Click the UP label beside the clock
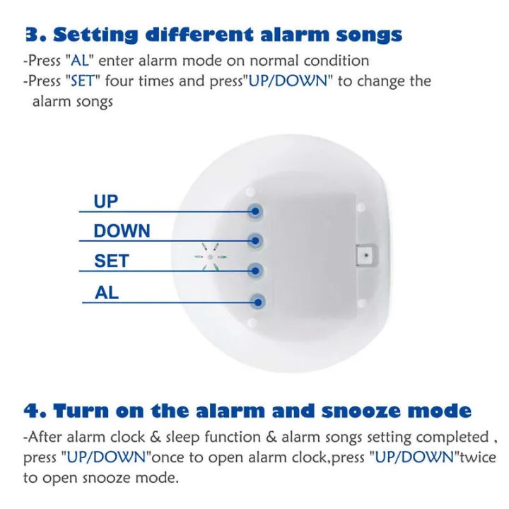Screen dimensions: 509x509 pyautogui.click(x=106, y=201)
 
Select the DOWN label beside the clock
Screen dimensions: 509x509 pyautogui.click(x=122, y=231)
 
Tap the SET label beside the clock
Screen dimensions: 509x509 pyautogui.click(x=112, y=261)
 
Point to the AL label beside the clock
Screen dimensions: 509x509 pyautogui.click(x=107, y=292)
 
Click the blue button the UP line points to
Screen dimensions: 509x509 pyautogui.click(x=255, y=211)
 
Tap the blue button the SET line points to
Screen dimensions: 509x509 pyautogui.click(x=255, y=270)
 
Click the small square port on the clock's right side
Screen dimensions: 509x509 pyautogui.click(x=365, y=253)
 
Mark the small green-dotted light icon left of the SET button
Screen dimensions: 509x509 pyautogui.click(x=210, y=257)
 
